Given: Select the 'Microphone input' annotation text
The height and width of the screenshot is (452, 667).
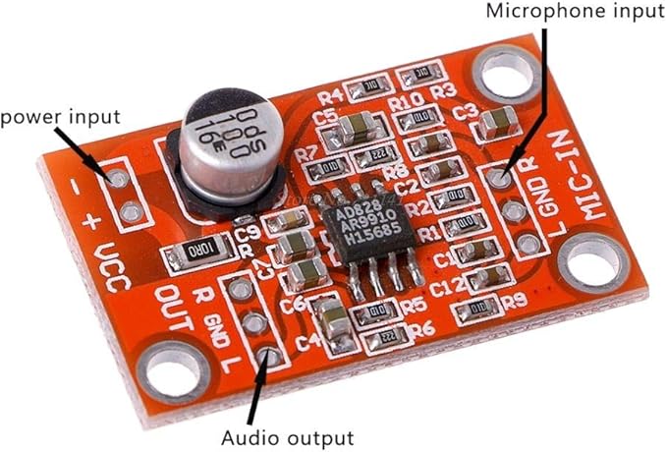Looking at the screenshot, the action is (x=575, y=13).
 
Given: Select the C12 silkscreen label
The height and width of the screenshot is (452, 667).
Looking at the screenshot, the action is (x=447, y=285).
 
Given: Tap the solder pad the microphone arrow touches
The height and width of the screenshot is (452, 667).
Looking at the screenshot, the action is (x=501, y=178).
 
